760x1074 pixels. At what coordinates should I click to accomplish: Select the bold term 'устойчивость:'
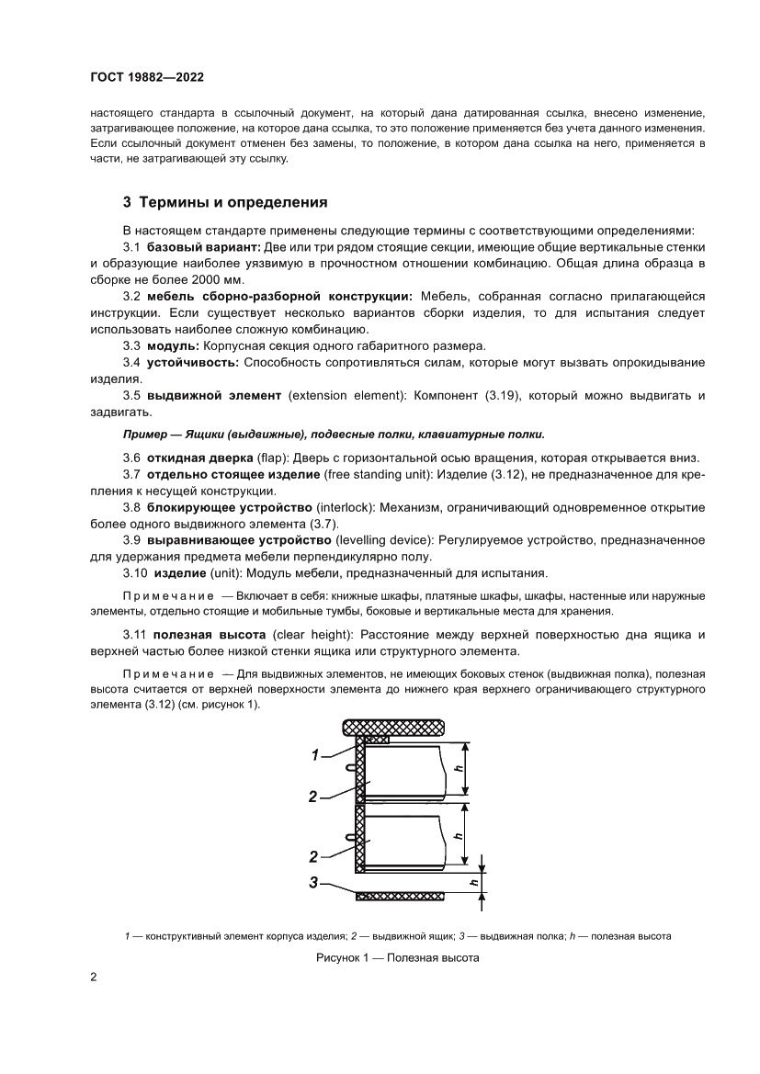pos(192,362)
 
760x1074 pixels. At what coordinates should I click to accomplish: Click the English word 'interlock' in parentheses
pos(346,507)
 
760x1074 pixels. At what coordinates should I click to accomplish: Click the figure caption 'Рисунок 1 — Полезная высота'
pos(397,957)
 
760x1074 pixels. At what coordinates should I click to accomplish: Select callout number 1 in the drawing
pos(314,755)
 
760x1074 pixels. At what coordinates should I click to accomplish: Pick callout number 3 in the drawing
pos(313,883)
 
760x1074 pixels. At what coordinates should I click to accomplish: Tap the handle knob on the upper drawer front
pos(351,767)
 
